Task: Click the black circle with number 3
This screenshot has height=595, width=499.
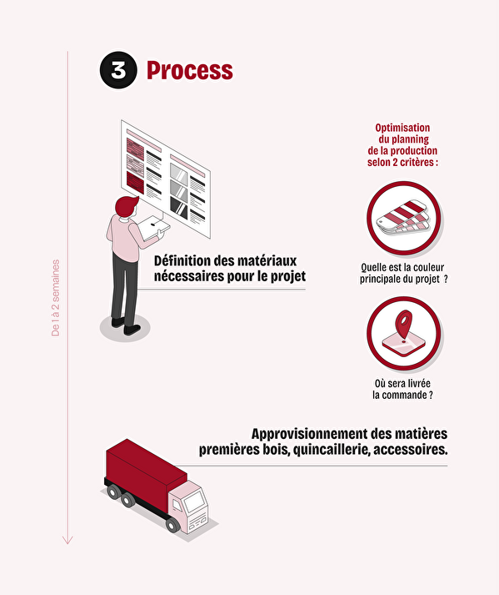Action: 118,70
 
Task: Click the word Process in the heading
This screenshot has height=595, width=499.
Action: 190,71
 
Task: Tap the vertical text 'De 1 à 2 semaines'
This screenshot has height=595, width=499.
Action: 56,298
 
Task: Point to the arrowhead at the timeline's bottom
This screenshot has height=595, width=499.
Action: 67,540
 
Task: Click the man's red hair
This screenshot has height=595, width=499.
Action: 126,205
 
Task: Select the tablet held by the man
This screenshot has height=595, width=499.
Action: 153,227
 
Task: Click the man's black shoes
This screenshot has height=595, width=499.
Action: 126,326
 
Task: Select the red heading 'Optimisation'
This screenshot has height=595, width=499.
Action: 402,128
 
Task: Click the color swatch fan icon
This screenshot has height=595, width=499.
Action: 403,218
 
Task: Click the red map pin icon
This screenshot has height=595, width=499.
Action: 404,325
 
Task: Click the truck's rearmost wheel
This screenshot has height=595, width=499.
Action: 113,492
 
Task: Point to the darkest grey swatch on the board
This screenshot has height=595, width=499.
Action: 179,207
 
